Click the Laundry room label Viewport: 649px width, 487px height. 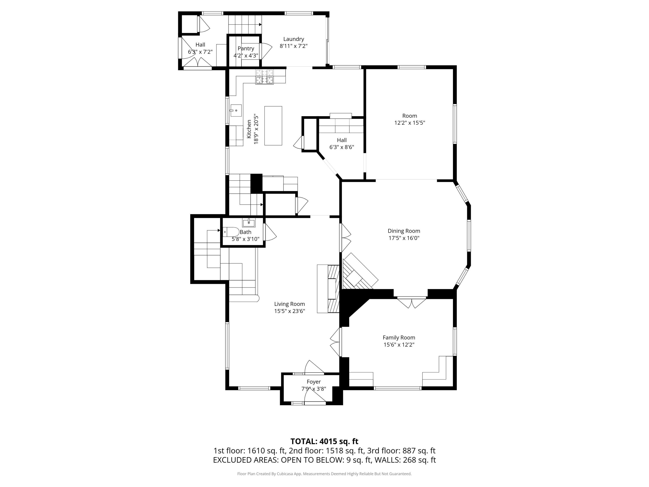293,39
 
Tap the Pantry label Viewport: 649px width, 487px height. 246,48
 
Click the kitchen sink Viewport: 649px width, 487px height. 236,110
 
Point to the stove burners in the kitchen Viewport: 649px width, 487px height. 264,77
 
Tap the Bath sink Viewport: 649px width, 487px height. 249,222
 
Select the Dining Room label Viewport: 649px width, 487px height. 404,231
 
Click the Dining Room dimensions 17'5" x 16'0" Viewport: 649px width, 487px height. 404,238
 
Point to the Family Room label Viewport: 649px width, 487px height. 399,338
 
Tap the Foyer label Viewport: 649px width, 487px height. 314,382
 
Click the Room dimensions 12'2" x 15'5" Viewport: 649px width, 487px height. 410,123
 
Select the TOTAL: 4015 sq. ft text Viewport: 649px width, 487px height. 324,441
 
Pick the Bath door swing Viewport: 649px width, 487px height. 270,232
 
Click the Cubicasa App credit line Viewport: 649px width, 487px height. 324,474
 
